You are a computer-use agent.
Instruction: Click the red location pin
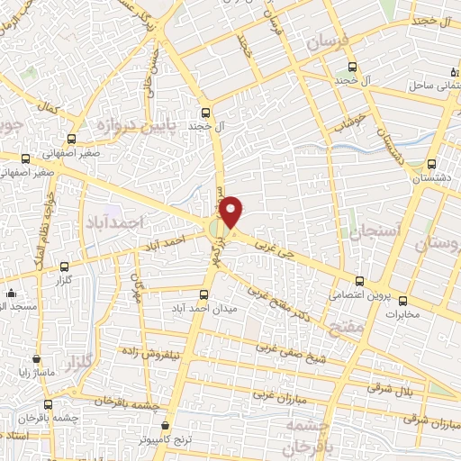(231, 212)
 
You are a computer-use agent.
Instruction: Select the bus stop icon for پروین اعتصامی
(360, 281)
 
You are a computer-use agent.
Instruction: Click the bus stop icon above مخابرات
(402, 300)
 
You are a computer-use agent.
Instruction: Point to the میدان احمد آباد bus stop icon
(203, 294)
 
